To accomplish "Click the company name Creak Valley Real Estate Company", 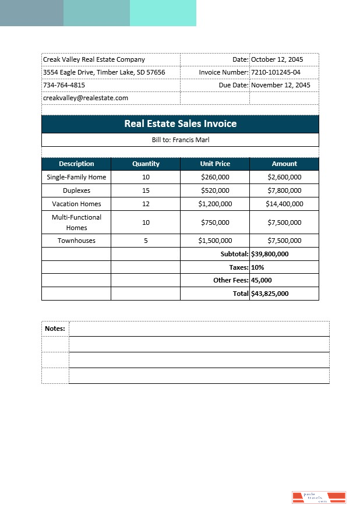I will [94, 59].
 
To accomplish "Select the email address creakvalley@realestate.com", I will [86, 98].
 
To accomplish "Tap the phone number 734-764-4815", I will [64, 85].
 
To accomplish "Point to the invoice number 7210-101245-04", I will [276, 72].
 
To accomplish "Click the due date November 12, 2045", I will [280, 85].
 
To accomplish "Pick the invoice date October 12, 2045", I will [277, 59].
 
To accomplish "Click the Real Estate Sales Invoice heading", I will [180, 123].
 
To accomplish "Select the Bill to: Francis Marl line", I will [180, 140].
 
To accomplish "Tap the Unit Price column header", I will [215, 164].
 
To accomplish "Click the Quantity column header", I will [146, 164].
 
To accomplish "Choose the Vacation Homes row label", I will [76, 204].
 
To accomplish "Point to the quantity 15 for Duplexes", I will [146, 190].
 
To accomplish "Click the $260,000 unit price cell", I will [215, 177].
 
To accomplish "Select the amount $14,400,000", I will [284, 204].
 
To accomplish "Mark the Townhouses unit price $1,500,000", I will [215, 241].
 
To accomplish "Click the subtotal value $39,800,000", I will [270, 254].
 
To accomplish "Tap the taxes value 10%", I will [257, 267].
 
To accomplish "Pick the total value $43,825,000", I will [270, 294].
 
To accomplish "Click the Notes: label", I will [55, 329].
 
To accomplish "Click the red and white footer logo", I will [319, 497].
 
